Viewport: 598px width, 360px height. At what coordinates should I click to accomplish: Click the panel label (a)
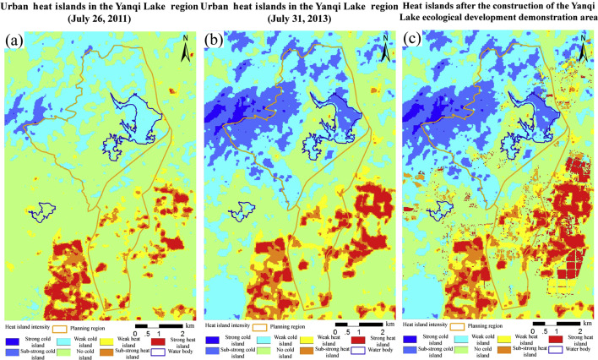click(15, 41)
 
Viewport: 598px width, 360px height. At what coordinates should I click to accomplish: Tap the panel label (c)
click(413, 41)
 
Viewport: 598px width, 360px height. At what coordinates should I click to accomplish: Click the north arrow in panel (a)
click(186, 51)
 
